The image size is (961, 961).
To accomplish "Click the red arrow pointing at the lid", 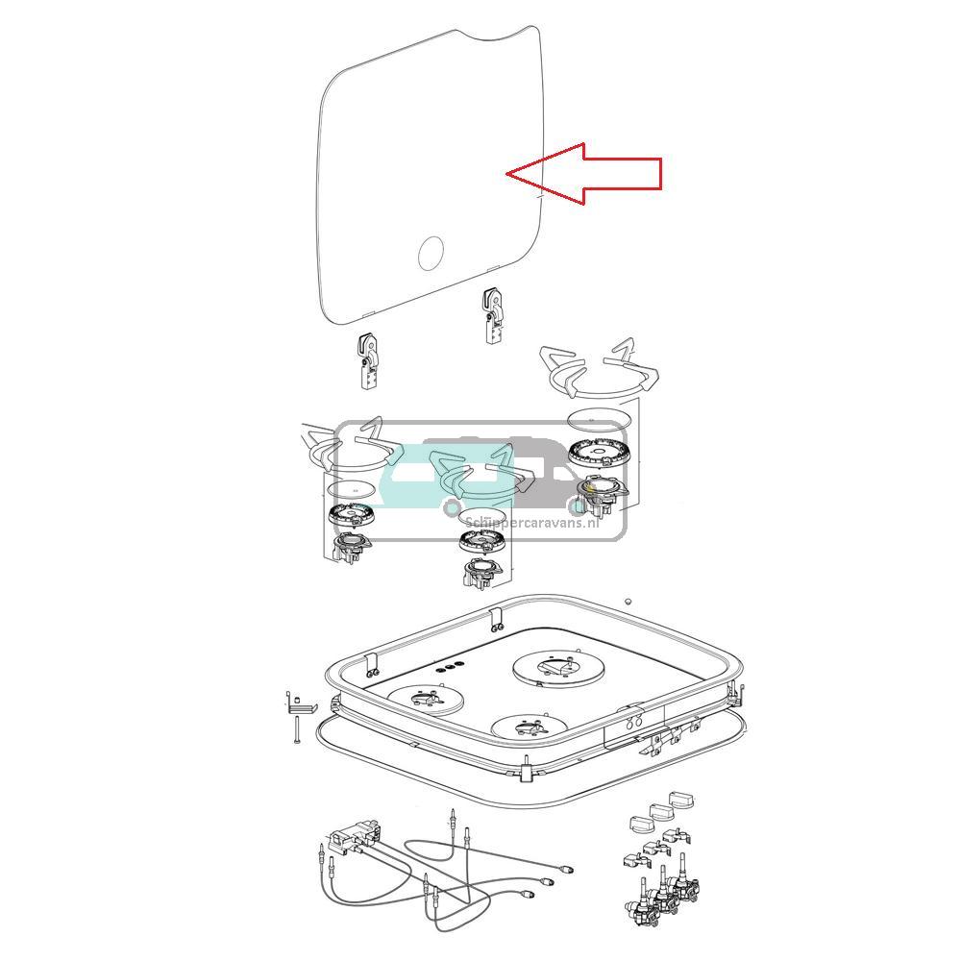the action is click(x=583, y=174).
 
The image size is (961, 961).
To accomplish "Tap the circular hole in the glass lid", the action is click(x=431, y=253).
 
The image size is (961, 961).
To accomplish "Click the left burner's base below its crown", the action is click(x=351, y=547).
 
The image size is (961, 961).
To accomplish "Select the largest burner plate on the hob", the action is click(x=557, y=668).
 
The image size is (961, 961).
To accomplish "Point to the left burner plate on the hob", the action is click(x=426, y=700).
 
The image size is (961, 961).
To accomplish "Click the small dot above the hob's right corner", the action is click(x=627, y=601).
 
